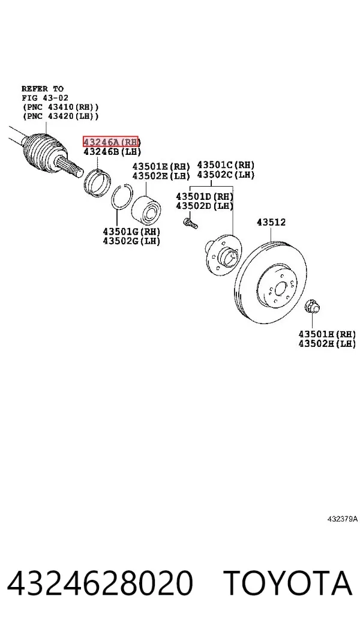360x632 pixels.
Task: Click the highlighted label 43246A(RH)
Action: tap(111, 142)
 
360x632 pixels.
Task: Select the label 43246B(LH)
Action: tap(112, 152)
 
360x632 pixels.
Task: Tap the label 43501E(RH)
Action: tap(161, 166)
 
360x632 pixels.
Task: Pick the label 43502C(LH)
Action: tap(226, 175)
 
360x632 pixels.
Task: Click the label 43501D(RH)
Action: tap(205, 196)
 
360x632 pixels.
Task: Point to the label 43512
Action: tap(271, 222)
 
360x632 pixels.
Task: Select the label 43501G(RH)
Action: tap(131, 232)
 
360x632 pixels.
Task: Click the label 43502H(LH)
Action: tap(328, 344)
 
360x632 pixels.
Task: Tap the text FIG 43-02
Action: tap(45, 98)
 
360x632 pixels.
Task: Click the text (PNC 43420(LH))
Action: tap(61, 116)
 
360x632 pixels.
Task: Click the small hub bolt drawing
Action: tap(190, 223)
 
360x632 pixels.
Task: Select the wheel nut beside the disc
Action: tap(312, 307)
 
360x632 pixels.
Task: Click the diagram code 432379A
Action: tap(342, 519)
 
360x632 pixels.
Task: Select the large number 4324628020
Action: tap(100, 583)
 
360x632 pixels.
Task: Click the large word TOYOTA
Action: tap(288, 583)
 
